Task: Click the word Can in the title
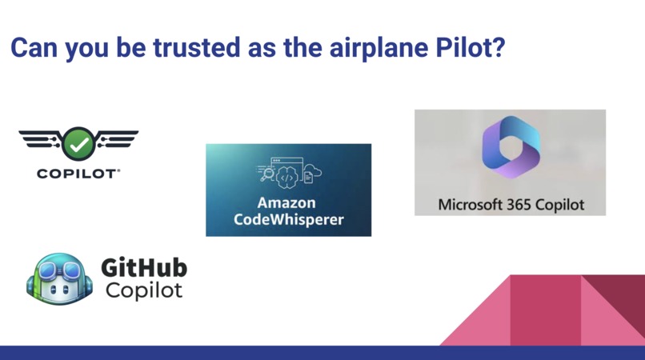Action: coord(32,47)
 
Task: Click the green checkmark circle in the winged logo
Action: coord(79,143)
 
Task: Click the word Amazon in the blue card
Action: coord(286,202)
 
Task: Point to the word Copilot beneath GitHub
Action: coord(143,290)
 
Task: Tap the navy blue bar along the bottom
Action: coord(322,353)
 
